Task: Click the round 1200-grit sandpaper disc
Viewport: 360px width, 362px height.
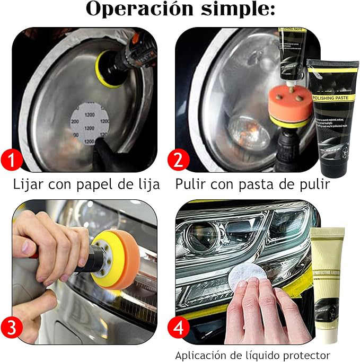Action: click(89, 123)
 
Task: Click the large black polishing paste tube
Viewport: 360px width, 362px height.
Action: click(332, 114)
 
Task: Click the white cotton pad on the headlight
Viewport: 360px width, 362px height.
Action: click(247, 276)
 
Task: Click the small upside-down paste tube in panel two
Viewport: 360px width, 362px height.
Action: click(291, 53)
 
